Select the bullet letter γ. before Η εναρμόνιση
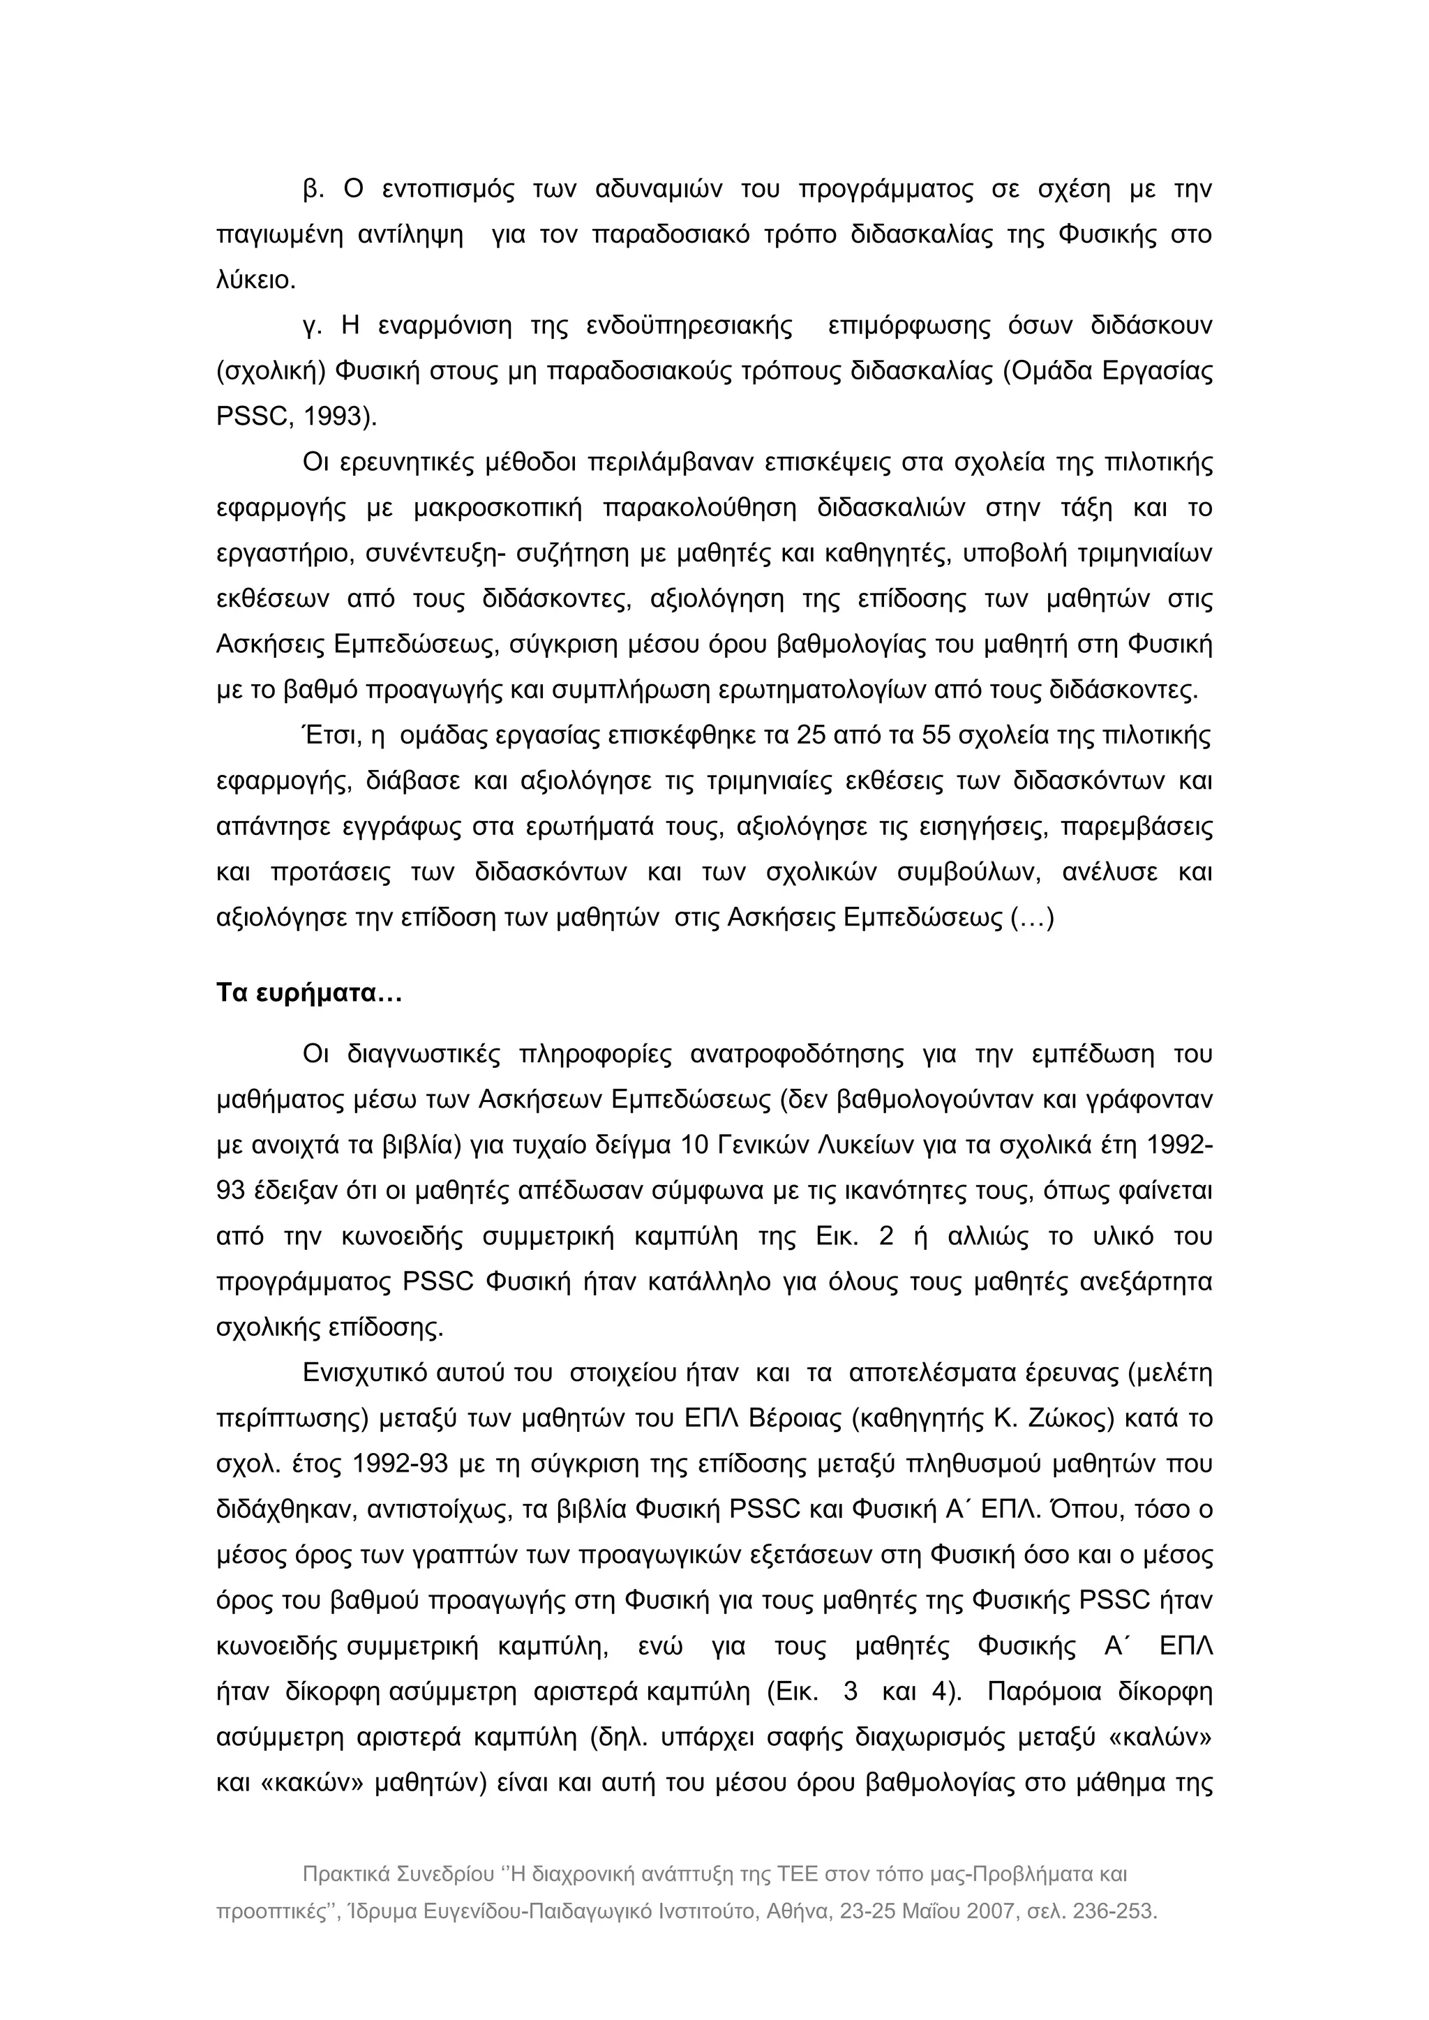point(311,326)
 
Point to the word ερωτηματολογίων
point(816,691)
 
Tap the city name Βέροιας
point(803,1419)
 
